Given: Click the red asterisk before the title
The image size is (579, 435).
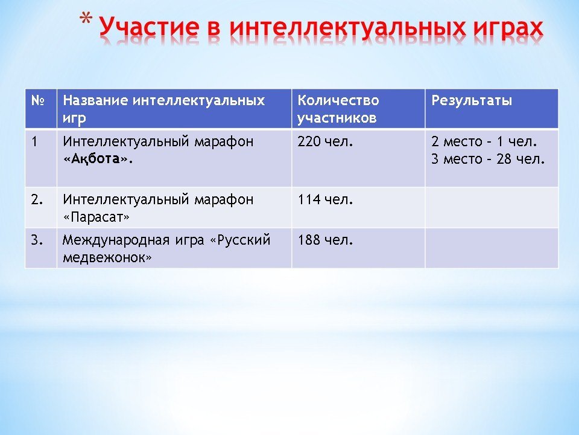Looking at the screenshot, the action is click(x=86, y=20).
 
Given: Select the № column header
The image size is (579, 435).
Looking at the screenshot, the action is click(x=38, y=100).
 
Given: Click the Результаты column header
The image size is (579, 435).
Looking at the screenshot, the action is click(x=472, y=101).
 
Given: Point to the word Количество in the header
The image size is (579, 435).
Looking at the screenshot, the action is click(x=338, y=100).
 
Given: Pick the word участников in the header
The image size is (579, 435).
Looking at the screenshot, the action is click(x=337, y=118).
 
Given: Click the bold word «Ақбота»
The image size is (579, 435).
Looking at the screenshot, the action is click(x=98, y=159).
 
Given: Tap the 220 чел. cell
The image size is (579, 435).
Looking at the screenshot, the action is click(x=325, y=141).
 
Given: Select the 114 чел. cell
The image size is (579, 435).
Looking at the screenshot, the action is click(x=325, y=199).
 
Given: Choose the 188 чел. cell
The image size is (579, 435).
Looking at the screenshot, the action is click(x=325, y=240).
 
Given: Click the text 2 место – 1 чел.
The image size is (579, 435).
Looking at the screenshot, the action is click(x=484, y=141).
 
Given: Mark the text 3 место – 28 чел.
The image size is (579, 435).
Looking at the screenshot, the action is click(x=488, y=159).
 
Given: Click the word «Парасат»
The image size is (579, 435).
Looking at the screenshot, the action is click(x=96, y=217).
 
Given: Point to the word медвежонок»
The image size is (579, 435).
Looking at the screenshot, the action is click(x=107, y=257).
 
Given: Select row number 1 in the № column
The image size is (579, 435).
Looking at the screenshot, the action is click(x=35, y=141).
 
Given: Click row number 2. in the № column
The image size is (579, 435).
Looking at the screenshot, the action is click(x=37, y=199).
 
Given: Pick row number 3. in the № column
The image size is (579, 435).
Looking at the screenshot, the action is click(x=37, y=240).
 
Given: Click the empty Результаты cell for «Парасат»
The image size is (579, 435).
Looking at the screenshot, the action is click(x=492, y=207).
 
